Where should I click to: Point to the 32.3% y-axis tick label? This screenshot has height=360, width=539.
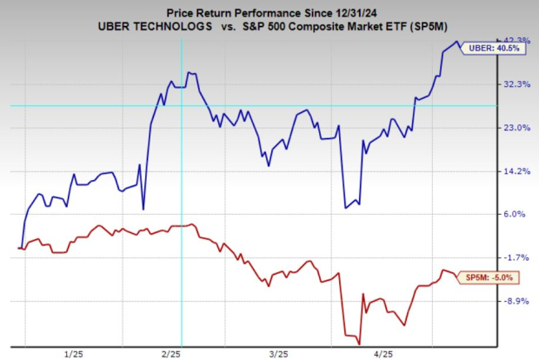(x=516, y=84)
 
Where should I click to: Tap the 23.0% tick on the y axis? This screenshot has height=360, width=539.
(x=516, y=128)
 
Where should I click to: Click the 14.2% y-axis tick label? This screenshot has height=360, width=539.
(x=516, y=171)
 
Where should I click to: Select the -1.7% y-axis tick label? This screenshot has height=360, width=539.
(x=517, y=257)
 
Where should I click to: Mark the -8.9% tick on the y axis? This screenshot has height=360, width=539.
(x=517, y=301)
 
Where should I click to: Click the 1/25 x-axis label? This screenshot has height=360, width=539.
(x=73, y=352)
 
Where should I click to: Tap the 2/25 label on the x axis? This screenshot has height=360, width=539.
(x=171, y=352)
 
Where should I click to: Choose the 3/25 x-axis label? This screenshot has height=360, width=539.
(x=279, y=352)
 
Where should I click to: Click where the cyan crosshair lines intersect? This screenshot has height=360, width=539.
(x=181, y=106)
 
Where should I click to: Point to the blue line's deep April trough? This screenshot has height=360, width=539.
(x=345, y=208)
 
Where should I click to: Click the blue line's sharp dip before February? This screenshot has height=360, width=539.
(x=143, y=209)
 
